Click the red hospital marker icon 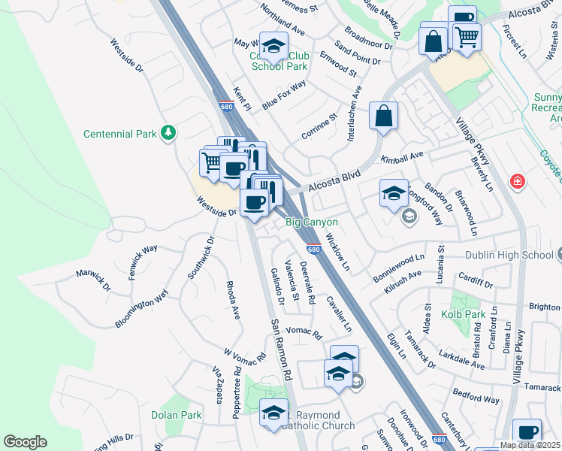517,181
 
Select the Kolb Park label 464,313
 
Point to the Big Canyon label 311,222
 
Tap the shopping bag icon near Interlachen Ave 383,117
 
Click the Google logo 25,442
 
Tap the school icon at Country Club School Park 273,46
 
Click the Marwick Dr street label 93,281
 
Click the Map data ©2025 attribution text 530,445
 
